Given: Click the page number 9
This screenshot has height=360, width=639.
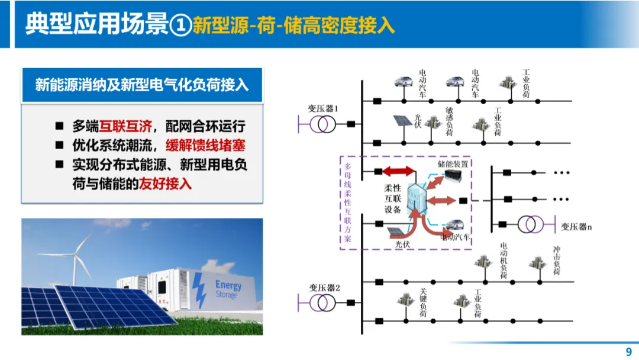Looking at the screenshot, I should click(x=628, y=352).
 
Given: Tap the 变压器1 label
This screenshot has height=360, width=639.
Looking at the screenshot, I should click(x=322, y=108).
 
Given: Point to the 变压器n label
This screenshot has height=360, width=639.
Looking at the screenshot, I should click(x=577, y=226).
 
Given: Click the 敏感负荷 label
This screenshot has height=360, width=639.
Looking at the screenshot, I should click(x=449, y=122).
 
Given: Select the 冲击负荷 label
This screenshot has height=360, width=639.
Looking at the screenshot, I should click(x=556, y=261).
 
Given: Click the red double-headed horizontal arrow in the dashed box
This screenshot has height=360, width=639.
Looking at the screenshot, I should click(x=399, y=172).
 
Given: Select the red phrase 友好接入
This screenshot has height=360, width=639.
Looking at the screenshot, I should click(x=166, y=184).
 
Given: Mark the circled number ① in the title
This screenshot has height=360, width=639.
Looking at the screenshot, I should click(x=180, y=25).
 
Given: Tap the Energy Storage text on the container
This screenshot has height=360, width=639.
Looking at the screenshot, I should click(x=228, y=289).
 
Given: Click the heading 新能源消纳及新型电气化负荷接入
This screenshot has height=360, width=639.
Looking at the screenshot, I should click(x=141, y=85).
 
